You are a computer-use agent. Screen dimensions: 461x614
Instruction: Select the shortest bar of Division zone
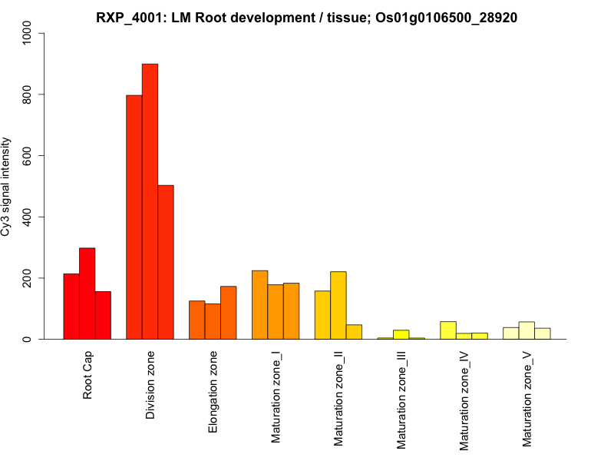tap(166, 262)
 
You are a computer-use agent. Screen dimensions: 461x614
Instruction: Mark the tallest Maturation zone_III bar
tap(401, 334)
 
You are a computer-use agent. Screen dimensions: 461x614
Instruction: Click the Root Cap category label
tap(87, 376)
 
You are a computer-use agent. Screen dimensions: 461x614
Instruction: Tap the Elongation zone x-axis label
tap(213, 392)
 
